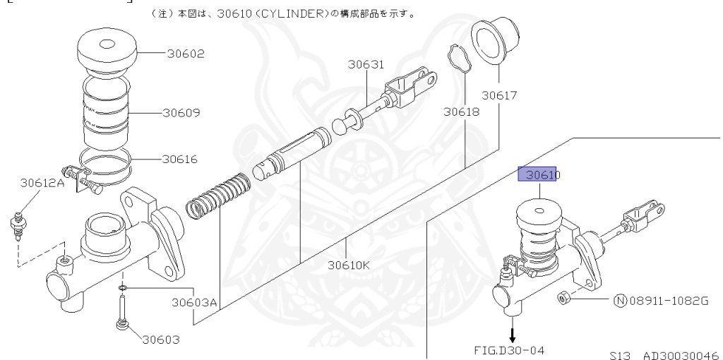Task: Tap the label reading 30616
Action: pos(181,159)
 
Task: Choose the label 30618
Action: pos(462,112)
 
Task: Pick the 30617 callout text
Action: pos(500,95)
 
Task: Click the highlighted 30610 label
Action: pos(539,174)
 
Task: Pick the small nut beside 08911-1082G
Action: pos(564,297)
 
